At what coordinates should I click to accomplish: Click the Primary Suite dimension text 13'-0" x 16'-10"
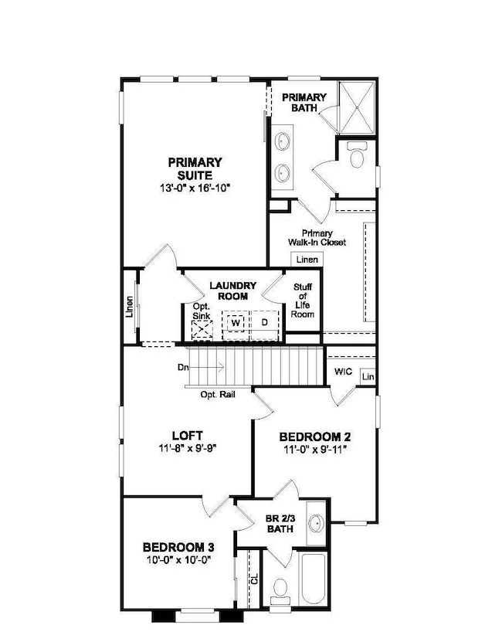click(195, 188)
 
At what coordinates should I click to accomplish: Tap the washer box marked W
click(236, 323)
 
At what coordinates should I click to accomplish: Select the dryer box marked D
click(264, 322)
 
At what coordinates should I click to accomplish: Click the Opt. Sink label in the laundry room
click(202, 311)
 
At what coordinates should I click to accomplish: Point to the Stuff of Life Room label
click(303, 301)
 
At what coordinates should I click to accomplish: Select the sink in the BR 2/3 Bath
click(316, 523)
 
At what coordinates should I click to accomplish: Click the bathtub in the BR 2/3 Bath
click(313, 578)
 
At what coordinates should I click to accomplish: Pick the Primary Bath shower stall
click(357, 107)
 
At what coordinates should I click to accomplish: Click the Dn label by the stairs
click(183, 367)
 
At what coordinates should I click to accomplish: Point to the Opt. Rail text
click(218, 395)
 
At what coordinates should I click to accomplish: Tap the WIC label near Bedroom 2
click(343, 372)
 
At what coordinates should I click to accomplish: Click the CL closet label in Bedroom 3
click(255, 579)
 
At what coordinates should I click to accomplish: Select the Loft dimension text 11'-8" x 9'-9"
click(188, 448)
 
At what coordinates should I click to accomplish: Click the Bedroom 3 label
click(178, 547)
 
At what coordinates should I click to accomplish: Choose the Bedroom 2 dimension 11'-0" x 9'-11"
click(315, 450)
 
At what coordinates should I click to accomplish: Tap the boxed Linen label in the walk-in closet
click(307, 260)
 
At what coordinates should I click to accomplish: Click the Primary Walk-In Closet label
click(317, 237)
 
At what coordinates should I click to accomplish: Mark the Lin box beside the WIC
click(368, 376)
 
